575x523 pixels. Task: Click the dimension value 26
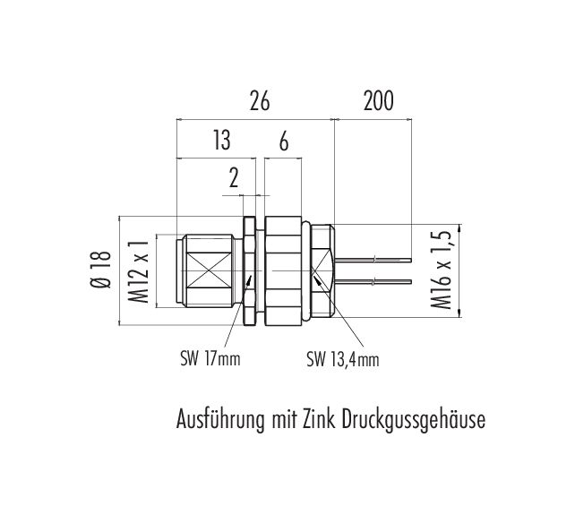(260, 101)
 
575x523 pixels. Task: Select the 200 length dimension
(379, 101)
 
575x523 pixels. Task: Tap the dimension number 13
(222, 140)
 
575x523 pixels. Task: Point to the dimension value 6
(283, 141)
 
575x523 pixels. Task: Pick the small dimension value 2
(234, 178)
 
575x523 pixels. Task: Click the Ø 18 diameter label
(100, 270)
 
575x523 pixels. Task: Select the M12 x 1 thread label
(139, 271)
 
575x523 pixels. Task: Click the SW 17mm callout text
(210, 359)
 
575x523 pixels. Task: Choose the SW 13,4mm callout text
(342, 360)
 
